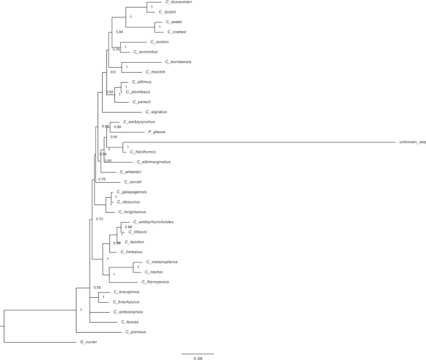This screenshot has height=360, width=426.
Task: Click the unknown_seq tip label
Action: pos(412,142)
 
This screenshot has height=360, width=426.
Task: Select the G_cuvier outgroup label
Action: pos(88,342)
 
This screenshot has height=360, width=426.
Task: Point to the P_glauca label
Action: pos(155,132)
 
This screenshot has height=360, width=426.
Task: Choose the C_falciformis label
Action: pos(142,152)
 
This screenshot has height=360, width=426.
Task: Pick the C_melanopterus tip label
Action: pos(164,262)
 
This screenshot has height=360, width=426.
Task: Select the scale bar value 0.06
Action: pos(197,359)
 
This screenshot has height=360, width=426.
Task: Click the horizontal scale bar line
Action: pos(197,353)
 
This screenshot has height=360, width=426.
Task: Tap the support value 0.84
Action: pos(119,32)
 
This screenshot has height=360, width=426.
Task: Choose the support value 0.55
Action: pos(97,288)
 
